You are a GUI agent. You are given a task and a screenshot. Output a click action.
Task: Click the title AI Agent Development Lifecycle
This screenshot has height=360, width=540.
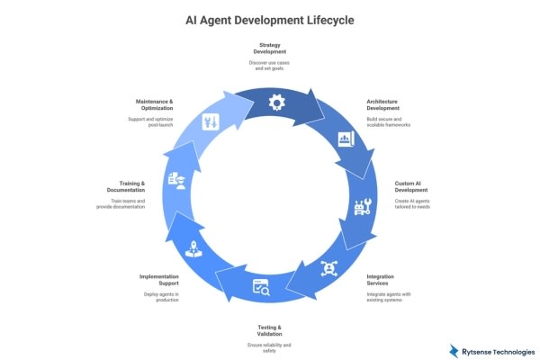(270, 20)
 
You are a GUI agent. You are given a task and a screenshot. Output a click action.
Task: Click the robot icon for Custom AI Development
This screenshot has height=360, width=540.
(365, 209)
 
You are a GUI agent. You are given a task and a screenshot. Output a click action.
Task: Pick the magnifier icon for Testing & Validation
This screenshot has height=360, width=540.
(262, 289)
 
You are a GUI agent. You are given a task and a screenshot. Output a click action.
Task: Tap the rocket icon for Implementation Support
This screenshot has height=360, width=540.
(192, 251)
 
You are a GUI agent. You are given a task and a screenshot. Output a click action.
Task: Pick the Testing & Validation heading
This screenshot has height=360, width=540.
(270, 330)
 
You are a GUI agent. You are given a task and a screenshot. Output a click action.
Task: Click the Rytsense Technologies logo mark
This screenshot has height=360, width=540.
(453, 350)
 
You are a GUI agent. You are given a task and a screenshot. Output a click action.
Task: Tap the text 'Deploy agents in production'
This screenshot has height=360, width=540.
(162, 298)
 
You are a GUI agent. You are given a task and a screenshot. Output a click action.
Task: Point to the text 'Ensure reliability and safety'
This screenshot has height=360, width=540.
(270, 348)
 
